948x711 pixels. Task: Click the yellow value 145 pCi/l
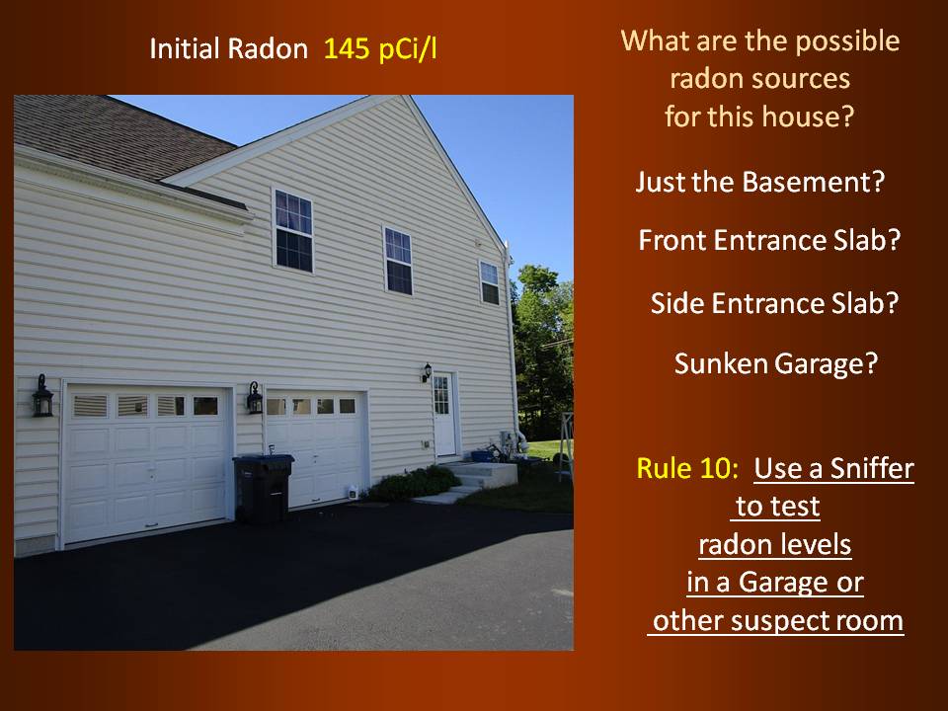coord(380,49)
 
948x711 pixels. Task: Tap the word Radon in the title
coord(268,49)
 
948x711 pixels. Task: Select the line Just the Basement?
coord(760,182)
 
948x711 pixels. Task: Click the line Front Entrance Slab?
coord(769,240)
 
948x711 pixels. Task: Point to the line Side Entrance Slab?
coord(774,303)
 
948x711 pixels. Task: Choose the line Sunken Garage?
coord(776,363)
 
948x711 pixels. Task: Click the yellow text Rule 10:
coord(687,468)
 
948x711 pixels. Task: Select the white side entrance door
coord(443,414)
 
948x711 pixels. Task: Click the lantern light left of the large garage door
coord(42,396)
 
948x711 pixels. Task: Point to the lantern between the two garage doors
coord(255,398)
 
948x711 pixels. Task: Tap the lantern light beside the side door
coord(427,372)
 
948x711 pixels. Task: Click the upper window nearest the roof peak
coord(293,230)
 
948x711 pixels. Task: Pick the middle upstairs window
coord(398,261)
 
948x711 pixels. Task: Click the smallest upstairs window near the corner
coord(489,282)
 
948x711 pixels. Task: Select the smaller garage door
coord(316,448)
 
